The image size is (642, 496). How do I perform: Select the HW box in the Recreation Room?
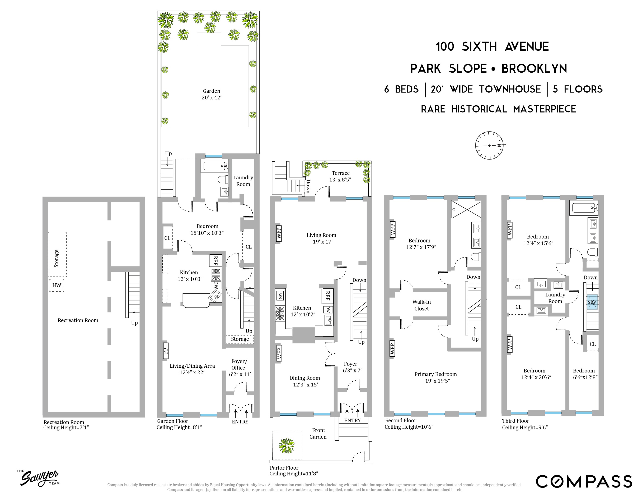tap(57, 285)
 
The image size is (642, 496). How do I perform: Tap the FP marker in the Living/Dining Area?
tap(166, 351)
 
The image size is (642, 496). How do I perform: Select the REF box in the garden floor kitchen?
tap(215, 261)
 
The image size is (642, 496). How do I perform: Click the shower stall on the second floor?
tap(466, 209)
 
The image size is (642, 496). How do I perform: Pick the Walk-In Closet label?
tap(421, 305)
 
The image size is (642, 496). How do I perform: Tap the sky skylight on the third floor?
tap(592, 302)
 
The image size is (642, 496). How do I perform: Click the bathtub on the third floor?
tap(583, 208)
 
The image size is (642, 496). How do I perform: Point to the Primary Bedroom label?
tap(436, 377)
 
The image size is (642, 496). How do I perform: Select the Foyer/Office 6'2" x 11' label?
tap(239, 368)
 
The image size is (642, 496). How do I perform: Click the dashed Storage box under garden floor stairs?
tap(240, 339)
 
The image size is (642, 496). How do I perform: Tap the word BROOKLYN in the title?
tap(534, 68)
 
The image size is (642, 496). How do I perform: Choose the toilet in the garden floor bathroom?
tap(223, 180)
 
